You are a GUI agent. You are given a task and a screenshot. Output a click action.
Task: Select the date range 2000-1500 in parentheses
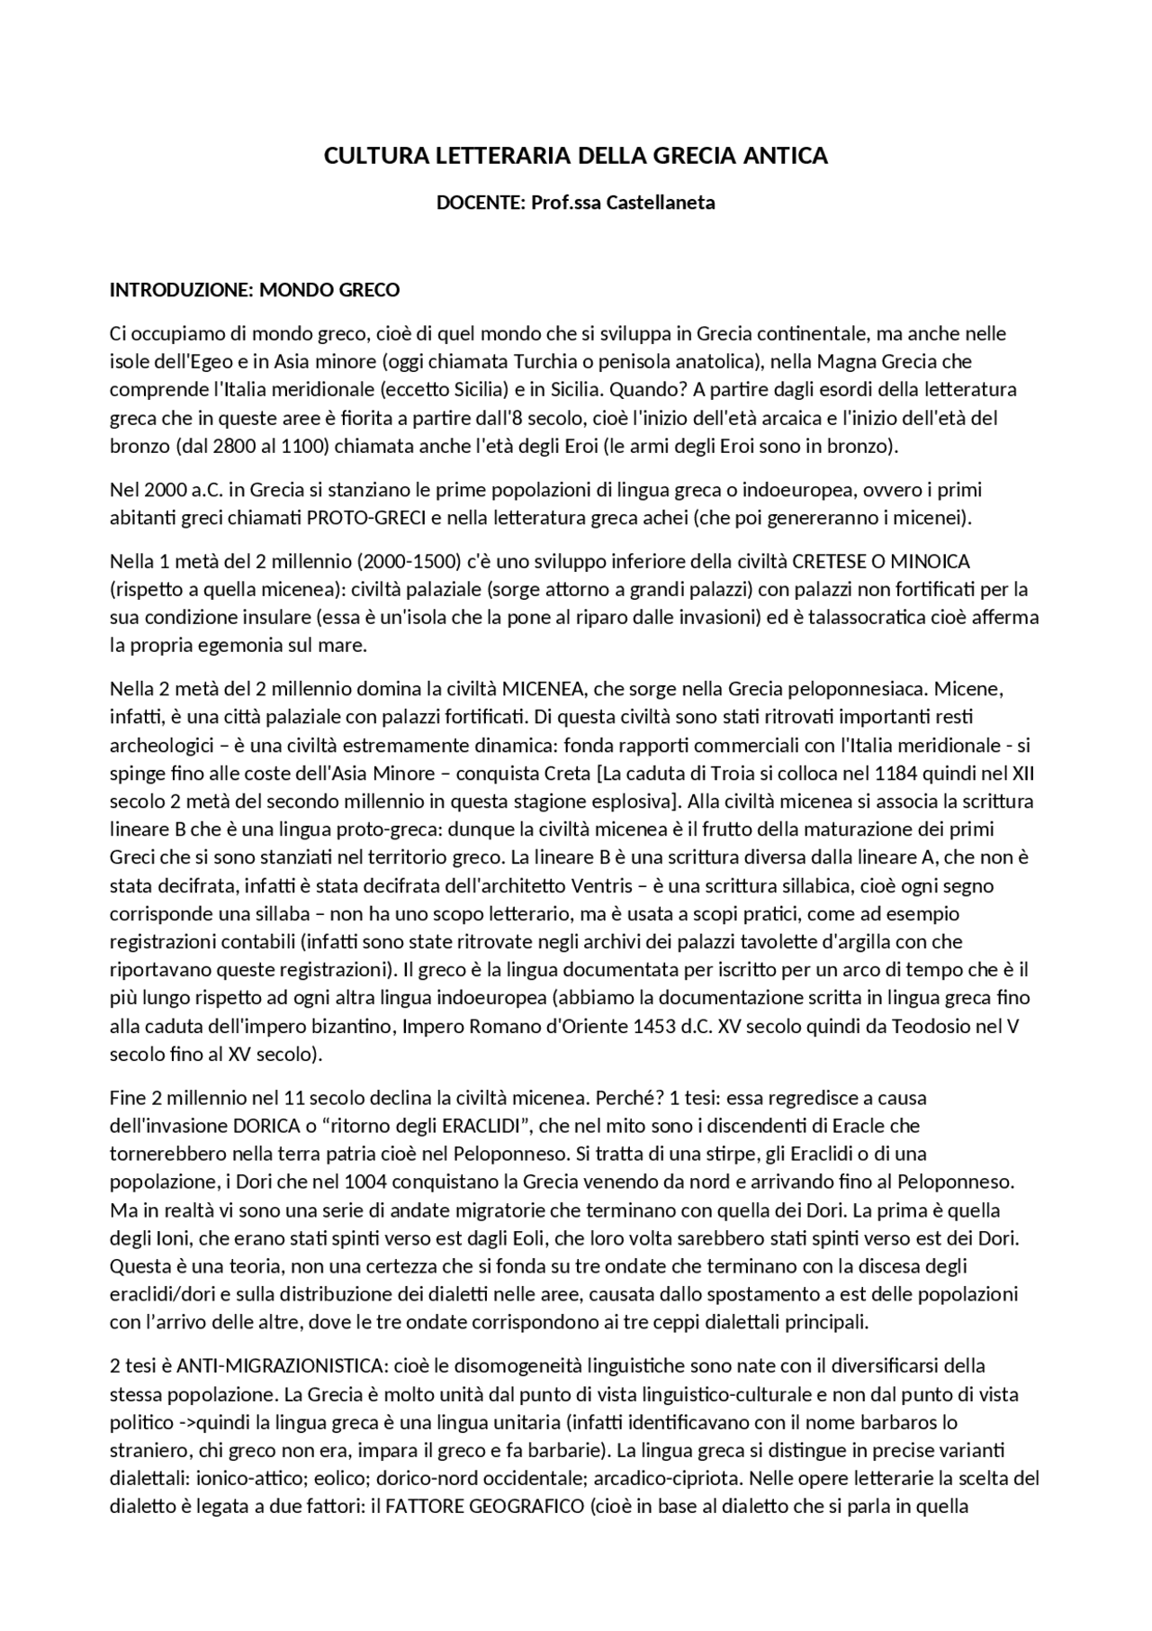click(x=409, y=562)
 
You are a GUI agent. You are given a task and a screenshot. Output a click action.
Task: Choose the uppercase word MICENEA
click(x=544, y=690)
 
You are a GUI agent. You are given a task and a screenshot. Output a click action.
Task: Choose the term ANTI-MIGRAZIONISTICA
click(x=282, y=1367)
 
